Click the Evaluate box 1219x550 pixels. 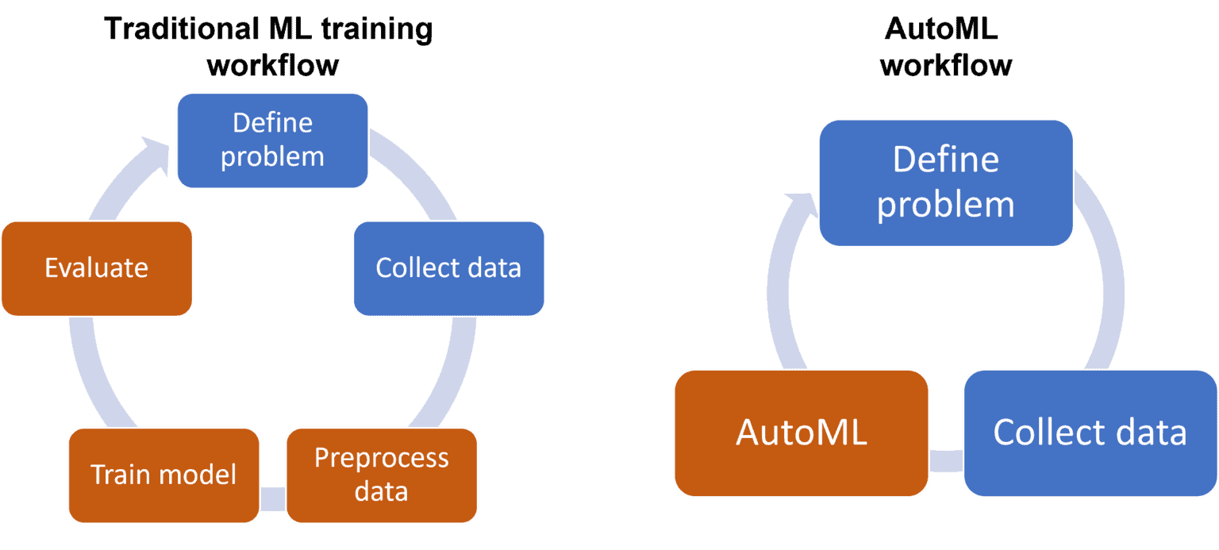(97, 268)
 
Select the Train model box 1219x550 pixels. (163, 475)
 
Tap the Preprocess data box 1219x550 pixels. (381, 475)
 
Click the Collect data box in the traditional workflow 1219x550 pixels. (448, 268)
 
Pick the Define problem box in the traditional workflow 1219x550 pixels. (272, 140)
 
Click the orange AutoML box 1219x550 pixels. (801, 433)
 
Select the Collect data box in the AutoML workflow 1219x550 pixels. (1090, 433)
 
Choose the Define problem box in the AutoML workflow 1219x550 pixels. (945, 183)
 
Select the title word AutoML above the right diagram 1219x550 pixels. (940, 29)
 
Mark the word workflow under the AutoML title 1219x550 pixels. (945, 65)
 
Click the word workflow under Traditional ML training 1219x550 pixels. (272, 65)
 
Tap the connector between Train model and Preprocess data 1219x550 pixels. (272, 498)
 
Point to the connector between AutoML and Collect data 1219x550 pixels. (945, 461)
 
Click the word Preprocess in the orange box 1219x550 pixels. (381, 458)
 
